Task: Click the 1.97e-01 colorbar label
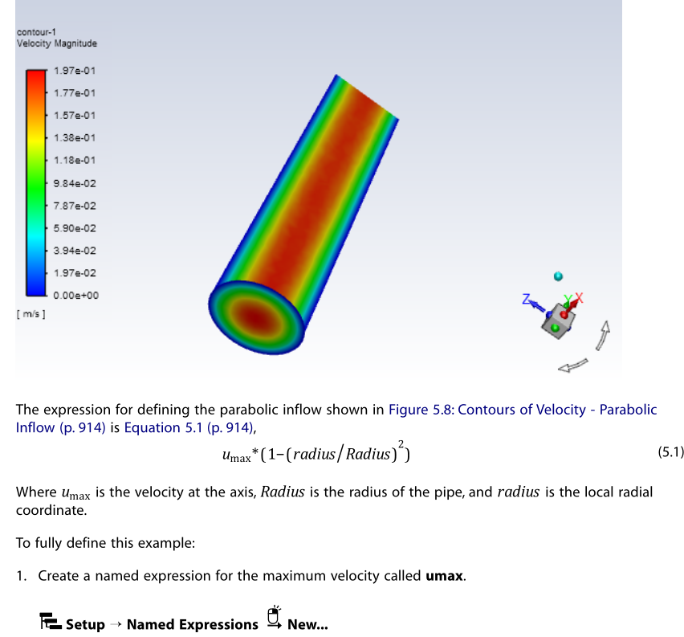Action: [x=75, y=71]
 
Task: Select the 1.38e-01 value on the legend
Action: [x=75, y=138]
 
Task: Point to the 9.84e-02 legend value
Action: [x=75, y=183]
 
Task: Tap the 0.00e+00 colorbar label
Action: [x=76, y=296]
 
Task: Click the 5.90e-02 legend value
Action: [x=75, y=228]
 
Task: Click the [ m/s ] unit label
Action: [x=31, y=314]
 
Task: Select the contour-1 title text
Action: [x=36, y=32]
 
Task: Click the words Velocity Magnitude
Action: [x=57, y=43]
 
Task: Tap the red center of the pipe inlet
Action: [x=254, y=317]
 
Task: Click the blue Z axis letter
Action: [x=526, y=299]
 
